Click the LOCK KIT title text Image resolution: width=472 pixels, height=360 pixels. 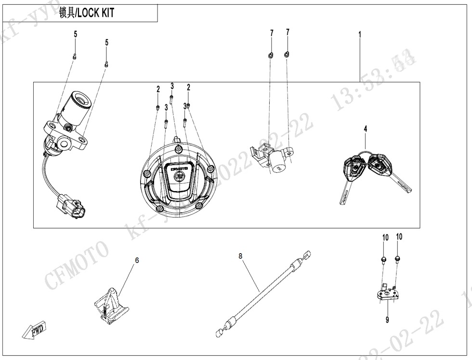click(87, 13)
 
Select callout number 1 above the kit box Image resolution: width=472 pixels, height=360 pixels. click(359, 34)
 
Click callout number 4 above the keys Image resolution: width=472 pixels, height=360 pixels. click(365, 129)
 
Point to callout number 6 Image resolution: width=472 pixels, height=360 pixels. click(136, 260)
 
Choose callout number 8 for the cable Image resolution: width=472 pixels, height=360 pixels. click(240, 256)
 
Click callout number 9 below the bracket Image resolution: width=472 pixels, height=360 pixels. click(387, 320)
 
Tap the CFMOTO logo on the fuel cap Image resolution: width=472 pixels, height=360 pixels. click(178, 169)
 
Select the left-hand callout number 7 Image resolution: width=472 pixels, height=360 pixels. click(272, 33)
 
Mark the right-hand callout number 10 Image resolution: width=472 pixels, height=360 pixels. click(399, 237)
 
